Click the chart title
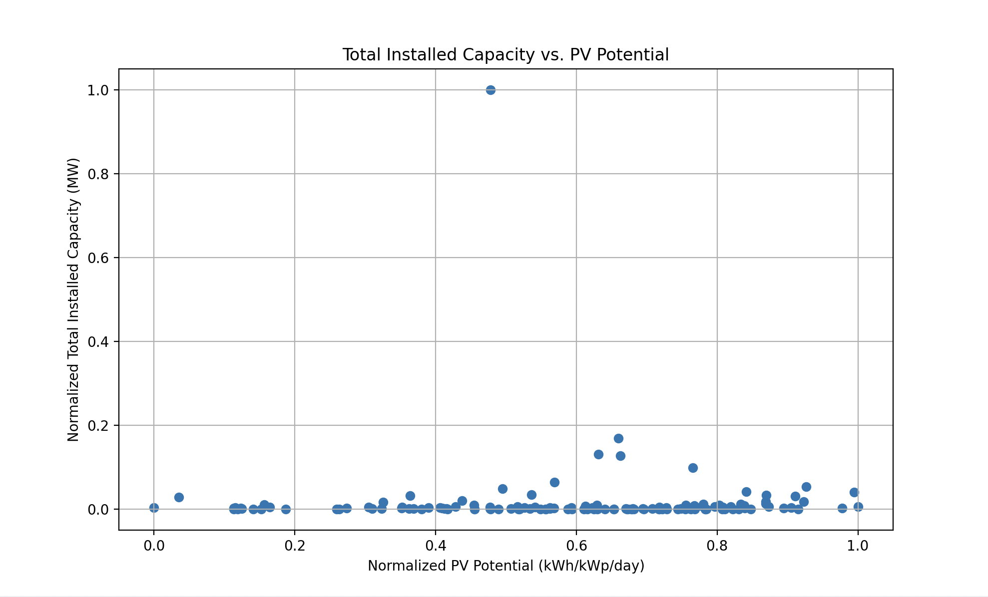(505, 55)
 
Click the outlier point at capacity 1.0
(491, 90)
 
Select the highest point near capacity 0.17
(618, 438)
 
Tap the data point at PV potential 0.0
(154, 508)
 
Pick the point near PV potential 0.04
(179, 497)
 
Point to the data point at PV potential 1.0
(858, 507)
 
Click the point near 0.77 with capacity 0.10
(693, 468)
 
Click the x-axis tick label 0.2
(295, 546)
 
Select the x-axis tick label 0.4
(436, 546)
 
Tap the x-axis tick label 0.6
(576, 546)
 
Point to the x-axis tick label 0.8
(717, 546)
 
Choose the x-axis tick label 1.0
(858, 546)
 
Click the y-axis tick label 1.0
(98, 90)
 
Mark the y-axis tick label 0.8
(98, 174)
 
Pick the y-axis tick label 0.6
(98, 258)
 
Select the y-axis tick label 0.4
(98, 342)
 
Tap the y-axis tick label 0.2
(98, 426)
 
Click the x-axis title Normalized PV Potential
(505, 566)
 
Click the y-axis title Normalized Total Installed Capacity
(73, 299)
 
